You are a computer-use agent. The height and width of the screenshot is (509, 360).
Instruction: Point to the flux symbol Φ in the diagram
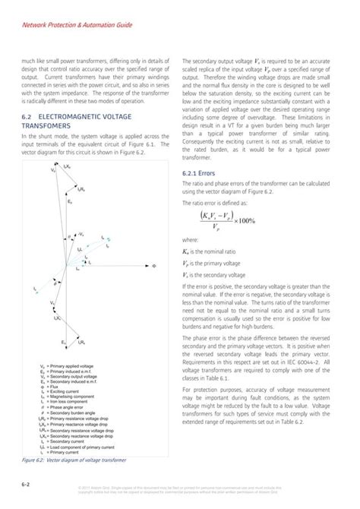[153, 267]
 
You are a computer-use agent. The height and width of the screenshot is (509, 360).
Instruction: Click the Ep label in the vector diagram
[70, 204]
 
